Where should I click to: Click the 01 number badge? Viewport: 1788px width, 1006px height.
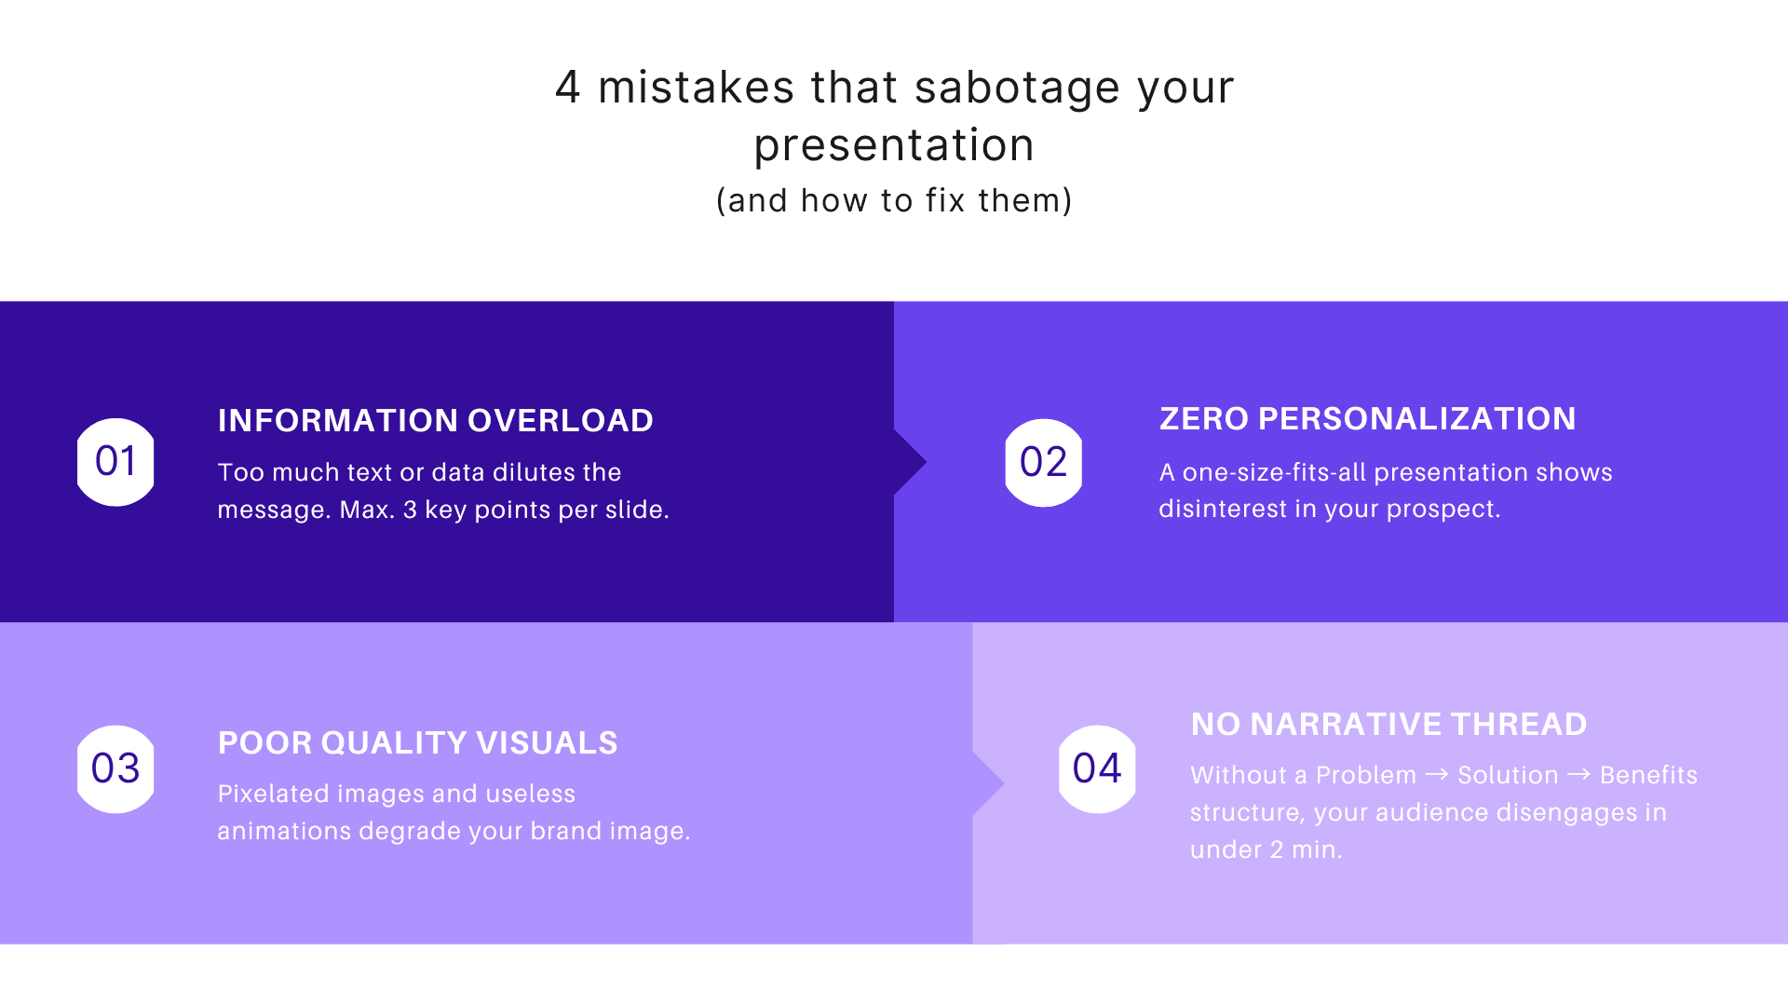[115, 462]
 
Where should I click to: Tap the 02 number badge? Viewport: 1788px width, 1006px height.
[1043, 462]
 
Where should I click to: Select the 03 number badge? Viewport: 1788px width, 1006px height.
[115, 768]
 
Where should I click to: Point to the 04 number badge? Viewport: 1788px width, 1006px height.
[1097, 768]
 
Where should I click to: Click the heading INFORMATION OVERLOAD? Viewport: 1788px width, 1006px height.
[435, 421]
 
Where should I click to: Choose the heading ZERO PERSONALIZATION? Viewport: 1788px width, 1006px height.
[1367, 419]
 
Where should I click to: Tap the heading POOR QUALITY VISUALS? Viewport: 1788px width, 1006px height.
[417, 743]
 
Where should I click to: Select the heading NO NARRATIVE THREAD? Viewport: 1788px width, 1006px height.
[1388, 725]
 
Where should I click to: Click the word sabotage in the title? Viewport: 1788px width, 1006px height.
[1017, 88]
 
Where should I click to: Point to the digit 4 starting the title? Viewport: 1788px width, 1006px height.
[567, 88]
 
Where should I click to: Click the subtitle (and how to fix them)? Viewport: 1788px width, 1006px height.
[894, 200]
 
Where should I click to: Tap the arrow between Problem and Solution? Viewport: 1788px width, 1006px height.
[1437, 774]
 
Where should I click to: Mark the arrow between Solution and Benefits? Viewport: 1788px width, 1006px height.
[1578, 774]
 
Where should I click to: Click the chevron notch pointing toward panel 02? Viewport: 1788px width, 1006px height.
[911, 462]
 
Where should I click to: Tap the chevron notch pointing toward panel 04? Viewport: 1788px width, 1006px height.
[989, 783]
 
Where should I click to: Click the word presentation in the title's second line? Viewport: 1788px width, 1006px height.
[894, 145]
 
